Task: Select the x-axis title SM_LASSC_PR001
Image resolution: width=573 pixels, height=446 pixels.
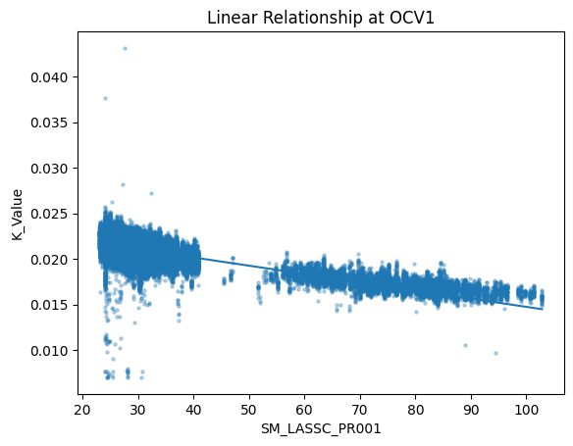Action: pos(320,429)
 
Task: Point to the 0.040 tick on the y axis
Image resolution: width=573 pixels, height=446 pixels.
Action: pos(49,77)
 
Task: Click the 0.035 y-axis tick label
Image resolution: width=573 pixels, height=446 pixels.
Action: pos(49,123)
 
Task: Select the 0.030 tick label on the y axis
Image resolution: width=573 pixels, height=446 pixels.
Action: pos(49,169)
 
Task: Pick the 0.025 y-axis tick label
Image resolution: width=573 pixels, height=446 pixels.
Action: pos(49,214)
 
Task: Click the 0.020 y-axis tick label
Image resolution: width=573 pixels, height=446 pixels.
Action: pos(49,260)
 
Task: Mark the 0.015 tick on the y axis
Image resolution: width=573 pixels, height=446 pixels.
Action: pos(49,305)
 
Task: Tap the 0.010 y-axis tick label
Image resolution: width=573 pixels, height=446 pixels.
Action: pos(49,351)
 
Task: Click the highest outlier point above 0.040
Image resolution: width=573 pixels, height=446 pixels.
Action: pos(125,48)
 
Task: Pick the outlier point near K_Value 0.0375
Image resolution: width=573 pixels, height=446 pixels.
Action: pos(105,98)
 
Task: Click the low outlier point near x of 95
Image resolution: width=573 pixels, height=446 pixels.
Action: pos(495,353)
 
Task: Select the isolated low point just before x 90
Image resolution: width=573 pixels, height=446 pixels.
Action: pos(465,345)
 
